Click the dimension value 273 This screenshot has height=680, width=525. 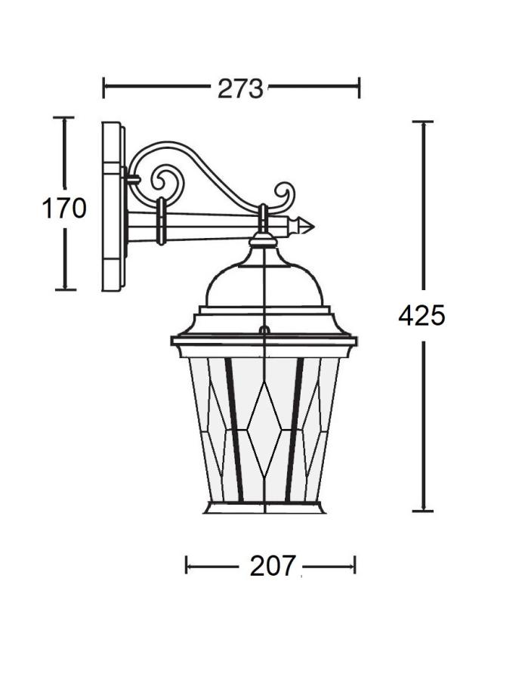[x=239, y=88]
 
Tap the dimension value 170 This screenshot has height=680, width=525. [x=63, y=209]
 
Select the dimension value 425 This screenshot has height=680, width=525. [x=422, y=315]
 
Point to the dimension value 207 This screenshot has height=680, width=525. [x=272, y=566]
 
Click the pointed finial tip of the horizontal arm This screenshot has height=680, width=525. [x=313, y=226]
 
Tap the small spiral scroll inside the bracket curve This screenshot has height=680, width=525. [x=165, y=181]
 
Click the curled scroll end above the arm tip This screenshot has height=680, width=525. [x=284, y=195]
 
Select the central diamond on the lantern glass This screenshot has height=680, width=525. [x=264, y=429]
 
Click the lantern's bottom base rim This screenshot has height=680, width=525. [x=264, y=508]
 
